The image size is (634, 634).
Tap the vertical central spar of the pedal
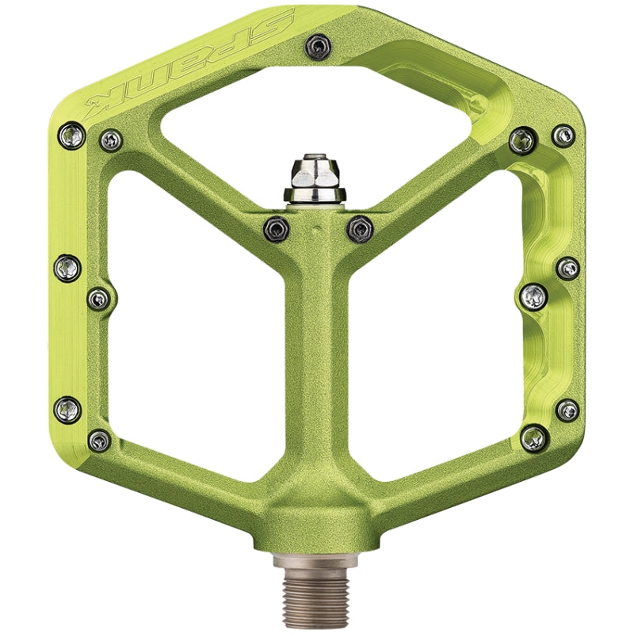click(317, 357)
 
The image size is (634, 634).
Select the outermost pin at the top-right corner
click(563, 135)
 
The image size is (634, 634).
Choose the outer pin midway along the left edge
click(67, 268)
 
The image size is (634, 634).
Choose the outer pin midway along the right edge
click(567, 268)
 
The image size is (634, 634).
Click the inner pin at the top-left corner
click(110, 141)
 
